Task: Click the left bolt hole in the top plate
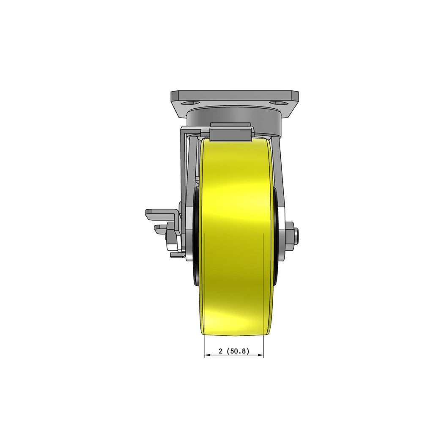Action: (189, 103)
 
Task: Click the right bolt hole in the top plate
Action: (279, 103)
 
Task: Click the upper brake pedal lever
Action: (162, 215)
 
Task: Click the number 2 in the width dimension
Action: (220, 351)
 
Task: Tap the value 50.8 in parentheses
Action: (238, 351)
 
